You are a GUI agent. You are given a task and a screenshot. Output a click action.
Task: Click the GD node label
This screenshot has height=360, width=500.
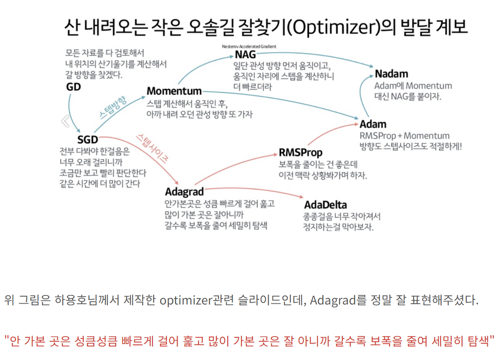(x=73, y=87)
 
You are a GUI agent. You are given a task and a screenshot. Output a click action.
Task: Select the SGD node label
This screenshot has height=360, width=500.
(x=87, y=140)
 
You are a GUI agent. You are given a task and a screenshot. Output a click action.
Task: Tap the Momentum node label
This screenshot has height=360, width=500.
(x=174, y=91)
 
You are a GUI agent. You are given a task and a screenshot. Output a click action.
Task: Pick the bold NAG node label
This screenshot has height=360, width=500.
(x=245, y=55)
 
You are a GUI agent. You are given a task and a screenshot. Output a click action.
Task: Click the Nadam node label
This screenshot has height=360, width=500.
(x=391, y=74)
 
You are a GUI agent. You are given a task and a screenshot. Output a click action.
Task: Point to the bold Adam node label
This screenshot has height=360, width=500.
(x=373, y=124)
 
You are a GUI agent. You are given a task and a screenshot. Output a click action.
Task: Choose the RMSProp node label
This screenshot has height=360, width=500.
(x=300, y=152)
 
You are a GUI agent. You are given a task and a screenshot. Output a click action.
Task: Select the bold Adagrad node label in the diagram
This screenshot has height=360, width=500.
(x=184, y=191)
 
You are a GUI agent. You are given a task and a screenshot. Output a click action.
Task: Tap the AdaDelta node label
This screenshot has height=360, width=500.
(x=325, y=205)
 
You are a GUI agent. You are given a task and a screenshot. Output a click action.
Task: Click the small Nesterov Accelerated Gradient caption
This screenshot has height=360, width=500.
(x=249, y=46)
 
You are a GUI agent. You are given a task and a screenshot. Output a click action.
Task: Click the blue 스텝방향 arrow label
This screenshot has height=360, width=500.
(x=113, y=108)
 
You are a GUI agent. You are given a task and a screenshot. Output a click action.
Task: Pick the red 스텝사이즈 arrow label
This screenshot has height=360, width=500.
(x=152, y=148)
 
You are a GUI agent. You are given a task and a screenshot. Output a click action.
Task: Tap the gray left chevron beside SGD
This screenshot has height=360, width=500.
(x=66, y=121)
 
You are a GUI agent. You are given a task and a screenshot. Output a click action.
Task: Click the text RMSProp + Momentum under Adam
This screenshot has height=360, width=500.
(x=404, y=136)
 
